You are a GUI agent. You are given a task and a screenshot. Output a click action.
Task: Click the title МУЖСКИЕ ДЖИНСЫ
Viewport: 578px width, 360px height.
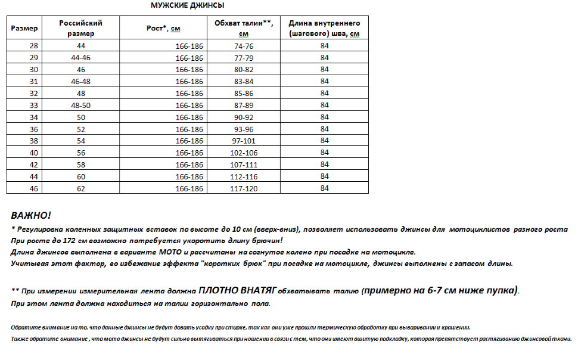point(188,6)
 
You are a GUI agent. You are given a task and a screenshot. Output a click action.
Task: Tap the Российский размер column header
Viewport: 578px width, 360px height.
point(81,28)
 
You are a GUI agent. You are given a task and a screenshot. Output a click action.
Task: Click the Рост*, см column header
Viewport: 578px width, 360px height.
point(163,28)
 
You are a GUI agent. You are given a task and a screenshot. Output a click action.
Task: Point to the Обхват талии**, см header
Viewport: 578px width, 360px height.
point(243,28)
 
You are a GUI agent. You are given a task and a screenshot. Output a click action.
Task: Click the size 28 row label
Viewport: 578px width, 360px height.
point(33,46)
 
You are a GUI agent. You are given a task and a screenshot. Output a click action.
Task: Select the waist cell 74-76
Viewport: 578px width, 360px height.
point(244,46)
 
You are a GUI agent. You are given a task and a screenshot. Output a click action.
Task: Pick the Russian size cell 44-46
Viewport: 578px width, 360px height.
point(81,58)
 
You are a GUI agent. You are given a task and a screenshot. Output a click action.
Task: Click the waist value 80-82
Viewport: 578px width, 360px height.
point(244,70)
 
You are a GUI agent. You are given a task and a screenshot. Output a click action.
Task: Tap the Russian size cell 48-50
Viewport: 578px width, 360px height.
point(81,105)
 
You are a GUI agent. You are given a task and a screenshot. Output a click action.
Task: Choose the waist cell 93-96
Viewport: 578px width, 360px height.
point(244,129)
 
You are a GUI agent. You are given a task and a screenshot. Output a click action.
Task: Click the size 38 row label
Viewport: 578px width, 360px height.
point(33,141)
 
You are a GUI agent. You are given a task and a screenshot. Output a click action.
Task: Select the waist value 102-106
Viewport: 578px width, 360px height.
point(244,153)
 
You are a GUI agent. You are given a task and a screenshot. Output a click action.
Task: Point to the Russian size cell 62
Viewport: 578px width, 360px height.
point(81,188)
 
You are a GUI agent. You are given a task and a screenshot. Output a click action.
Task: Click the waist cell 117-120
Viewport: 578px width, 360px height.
point(244,188)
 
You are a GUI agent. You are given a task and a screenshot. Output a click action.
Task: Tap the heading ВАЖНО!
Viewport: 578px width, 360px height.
point(31,216)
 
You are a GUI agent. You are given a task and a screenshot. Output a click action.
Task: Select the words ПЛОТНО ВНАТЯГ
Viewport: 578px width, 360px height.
point(237,291)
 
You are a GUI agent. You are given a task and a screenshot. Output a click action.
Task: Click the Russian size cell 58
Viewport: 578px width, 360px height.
point(81,165)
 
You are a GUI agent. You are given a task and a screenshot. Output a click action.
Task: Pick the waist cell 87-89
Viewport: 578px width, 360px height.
point(244,105)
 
